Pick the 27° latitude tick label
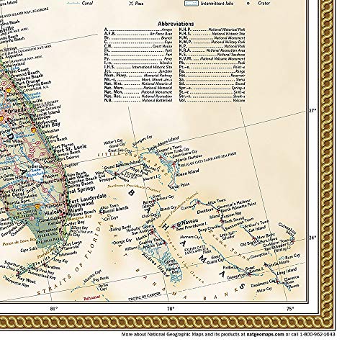[x=312, y=111]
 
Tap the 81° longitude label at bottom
[x=52, y=289]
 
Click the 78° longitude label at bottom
[x=171, y=289]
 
